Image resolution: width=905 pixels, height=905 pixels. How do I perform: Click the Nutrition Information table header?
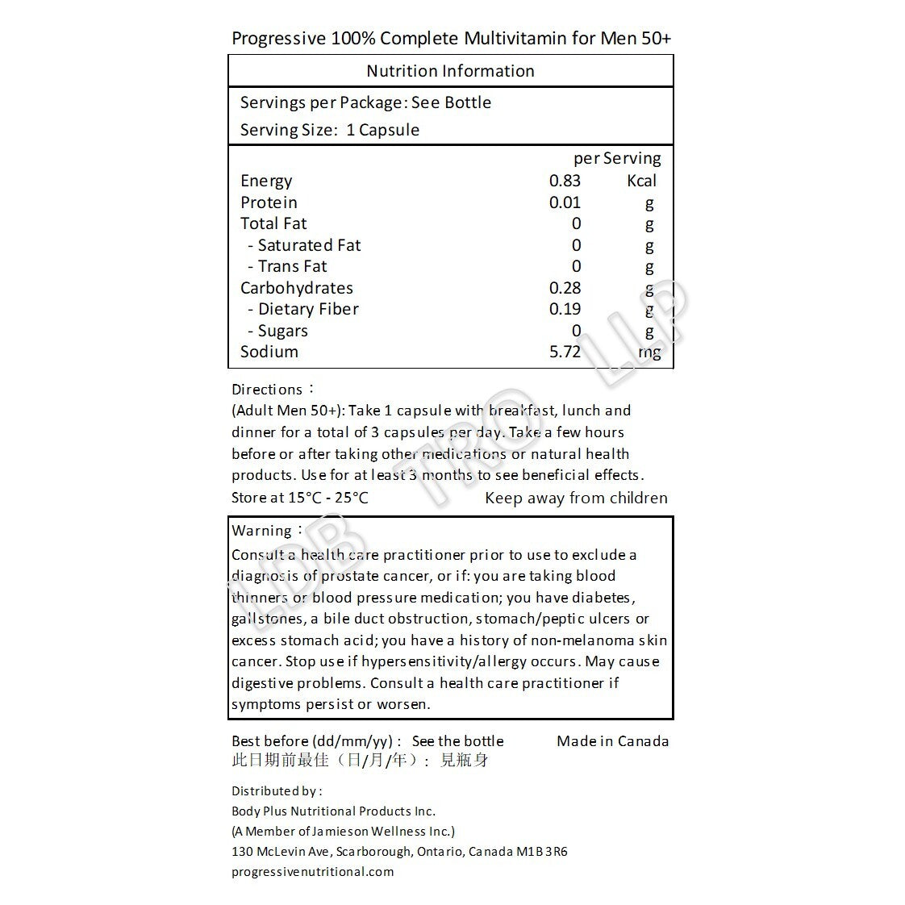[x=450, y=71]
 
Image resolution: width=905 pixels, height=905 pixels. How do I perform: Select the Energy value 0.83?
[x=565, y=181]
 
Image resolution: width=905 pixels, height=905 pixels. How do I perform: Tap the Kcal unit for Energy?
[x=641, y=181]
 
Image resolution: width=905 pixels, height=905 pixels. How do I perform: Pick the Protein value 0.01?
[x=565, y=202]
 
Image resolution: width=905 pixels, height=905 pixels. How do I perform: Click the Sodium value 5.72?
[x=565, y=352]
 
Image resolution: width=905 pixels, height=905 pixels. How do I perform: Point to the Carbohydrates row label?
[x=296, y=288]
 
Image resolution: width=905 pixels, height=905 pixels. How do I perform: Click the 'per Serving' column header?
[x=617, y=158]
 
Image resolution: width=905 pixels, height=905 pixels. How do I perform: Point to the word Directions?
[x=267, y=390]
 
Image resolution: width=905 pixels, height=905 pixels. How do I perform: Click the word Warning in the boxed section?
[x=261, y=531]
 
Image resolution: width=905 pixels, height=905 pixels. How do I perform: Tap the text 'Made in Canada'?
[x=612, y=741]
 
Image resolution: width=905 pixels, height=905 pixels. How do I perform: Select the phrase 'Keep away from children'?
[x=576, y=498]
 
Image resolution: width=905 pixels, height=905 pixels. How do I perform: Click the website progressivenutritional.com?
[x=312, y=871]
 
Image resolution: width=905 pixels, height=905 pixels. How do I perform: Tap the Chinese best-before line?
[x=360, y=761]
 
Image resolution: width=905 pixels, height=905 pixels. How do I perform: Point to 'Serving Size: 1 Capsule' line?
[x=329, y=130]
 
